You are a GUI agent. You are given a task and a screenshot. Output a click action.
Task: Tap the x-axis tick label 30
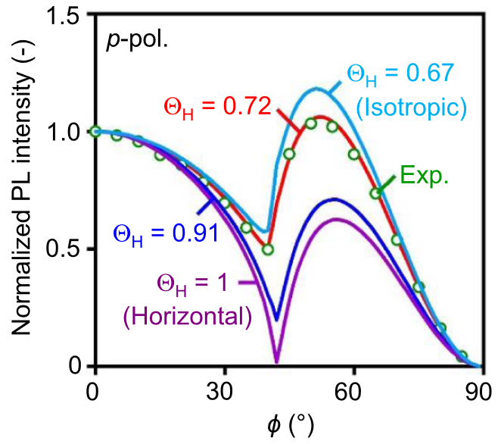click(x=224, y=392)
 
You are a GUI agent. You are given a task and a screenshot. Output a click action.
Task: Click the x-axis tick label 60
click(x=353, y=392)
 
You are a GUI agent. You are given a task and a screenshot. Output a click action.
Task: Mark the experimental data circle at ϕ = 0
click(x=95, y=132)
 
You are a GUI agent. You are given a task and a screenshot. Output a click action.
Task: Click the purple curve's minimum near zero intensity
click(x=277, y=360)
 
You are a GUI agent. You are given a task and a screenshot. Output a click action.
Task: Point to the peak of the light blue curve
click(x=316, y=89)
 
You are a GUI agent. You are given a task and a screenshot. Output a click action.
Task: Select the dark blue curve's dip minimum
click(x=277, y=319)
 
